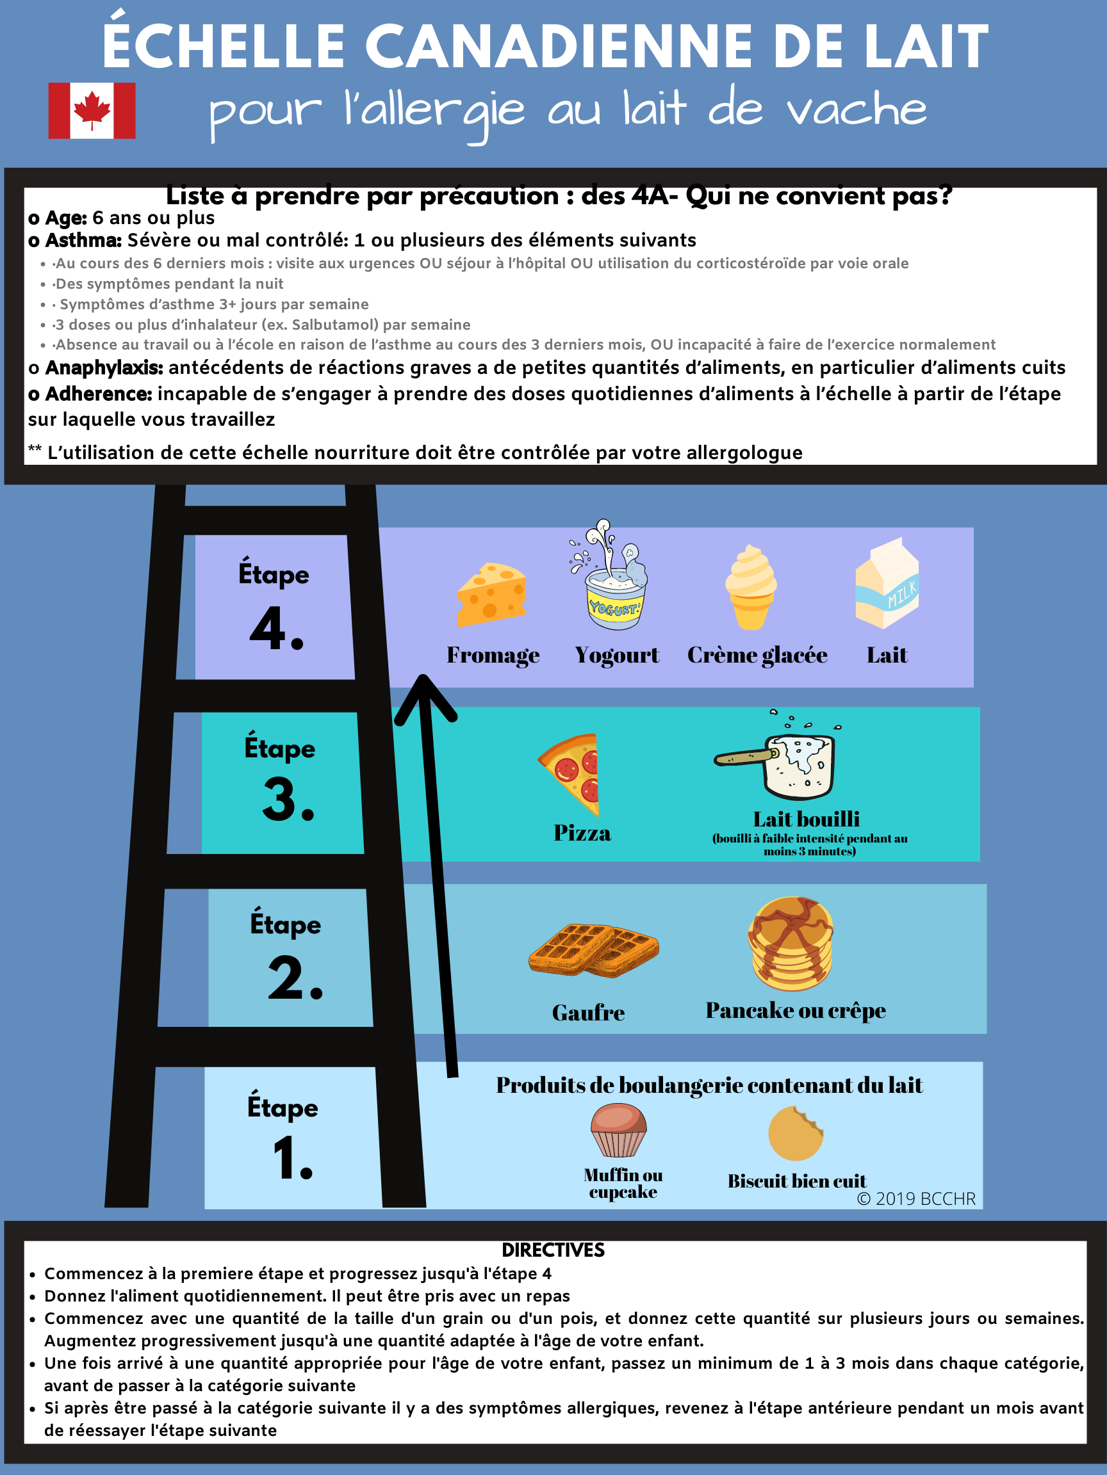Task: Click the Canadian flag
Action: point(92,111)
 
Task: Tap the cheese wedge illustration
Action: point(492,595)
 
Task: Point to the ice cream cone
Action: point(751,588)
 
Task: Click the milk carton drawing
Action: point(887,583)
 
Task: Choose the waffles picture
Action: point(593,950)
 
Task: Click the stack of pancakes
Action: point(791,943)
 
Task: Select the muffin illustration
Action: point(619,1129)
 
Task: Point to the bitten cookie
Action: point(796,1134)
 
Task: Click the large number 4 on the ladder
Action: point(276,627)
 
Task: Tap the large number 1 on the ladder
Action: point(292,1158)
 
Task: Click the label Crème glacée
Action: point(757,655)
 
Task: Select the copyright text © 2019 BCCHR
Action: point(916,1198)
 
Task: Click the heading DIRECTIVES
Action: point(553,1250)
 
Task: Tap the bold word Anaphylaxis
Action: point(103,367)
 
